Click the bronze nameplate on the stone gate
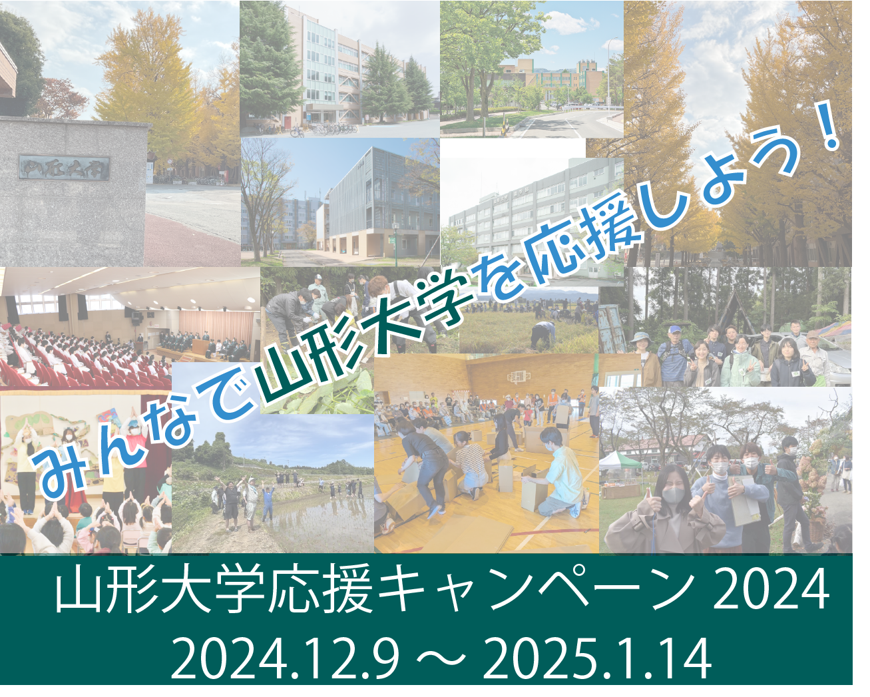(x=64, y=167)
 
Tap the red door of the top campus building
(x=287, y=122)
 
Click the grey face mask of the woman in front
(x=674, y=495)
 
